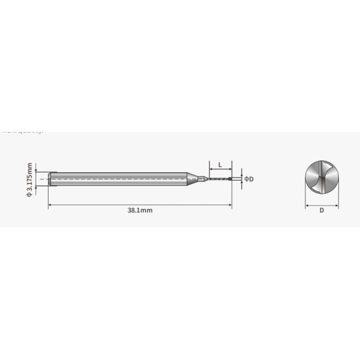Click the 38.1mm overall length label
140,211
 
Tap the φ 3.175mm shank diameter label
29,178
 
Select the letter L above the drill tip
220,164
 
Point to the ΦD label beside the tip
249,179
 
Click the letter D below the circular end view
322,211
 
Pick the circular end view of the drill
322,178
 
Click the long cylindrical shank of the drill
120,178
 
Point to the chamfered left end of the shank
51,178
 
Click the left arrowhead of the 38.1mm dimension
50,205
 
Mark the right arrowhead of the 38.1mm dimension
230,205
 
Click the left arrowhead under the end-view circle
307,205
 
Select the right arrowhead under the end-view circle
337,205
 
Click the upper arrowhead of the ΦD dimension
241,175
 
